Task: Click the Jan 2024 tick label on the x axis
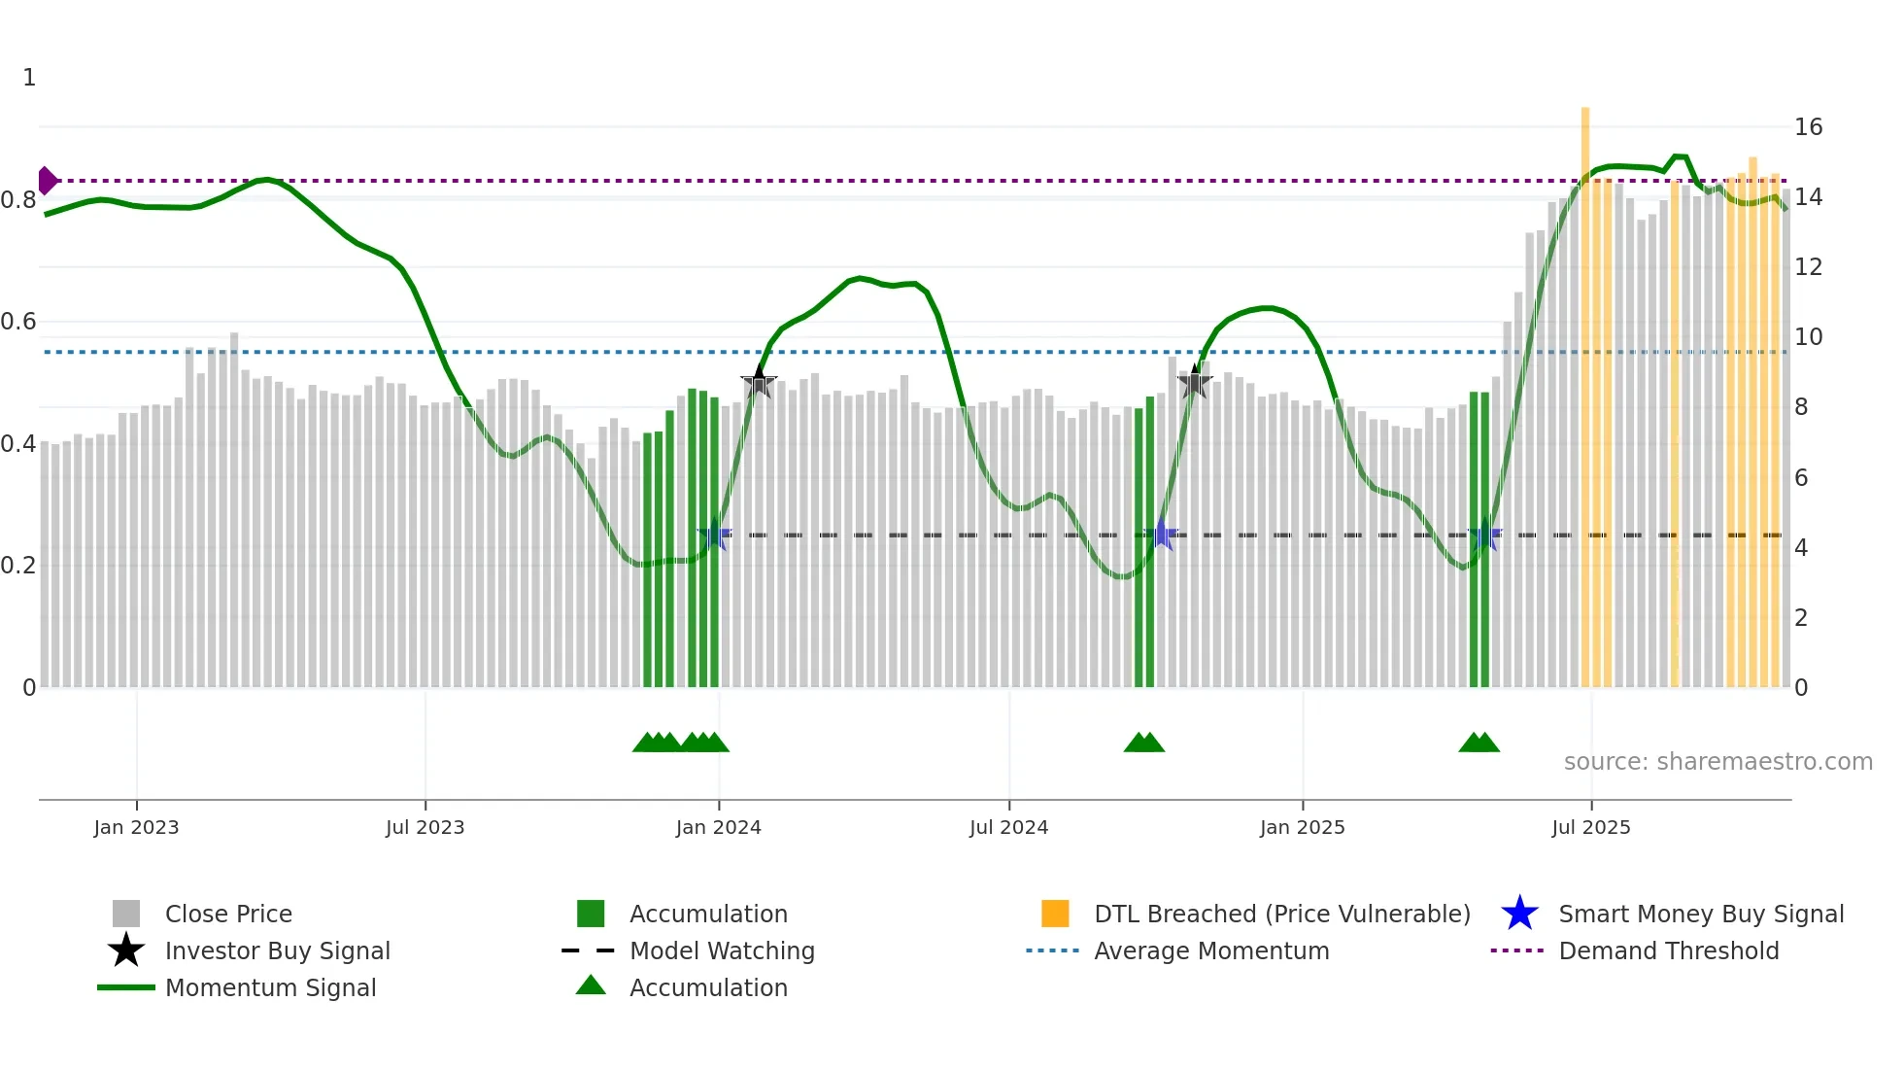718,827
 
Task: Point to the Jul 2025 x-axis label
1590,827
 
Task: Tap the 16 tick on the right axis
1808,127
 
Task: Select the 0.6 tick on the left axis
19,322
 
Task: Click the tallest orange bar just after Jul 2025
1584,389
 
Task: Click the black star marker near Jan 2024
759,382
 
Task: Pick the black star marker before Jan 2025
1195,382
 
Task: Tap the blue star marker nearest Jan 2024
715,535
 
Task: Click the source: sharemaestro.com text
1717,762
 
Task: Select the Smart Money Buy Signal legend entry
1700,914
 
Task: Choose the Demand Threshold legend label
1668,950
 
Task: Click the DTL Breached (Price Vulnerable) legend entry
1281,914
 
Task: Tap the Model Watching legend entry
721,950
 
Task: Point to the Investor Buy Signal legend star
126,950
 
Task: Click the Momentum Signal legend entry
270,987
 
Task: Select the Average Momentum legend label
1210,950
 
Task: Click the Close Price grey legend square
126,914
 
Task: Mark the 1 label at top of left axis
29,78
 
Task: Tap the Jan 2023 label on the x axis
136,827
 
